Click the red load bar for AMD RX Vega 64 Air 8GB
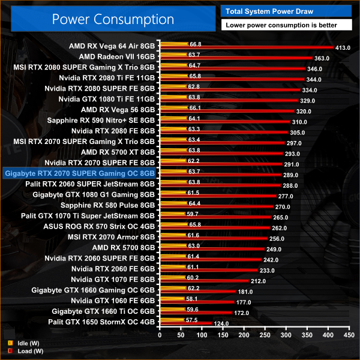tap(246, 47)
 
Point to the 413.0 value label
tap(343, 47)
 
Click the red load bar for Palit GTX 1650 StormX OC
tap(185, 323)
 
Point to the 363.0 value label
tap(322, 58)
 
